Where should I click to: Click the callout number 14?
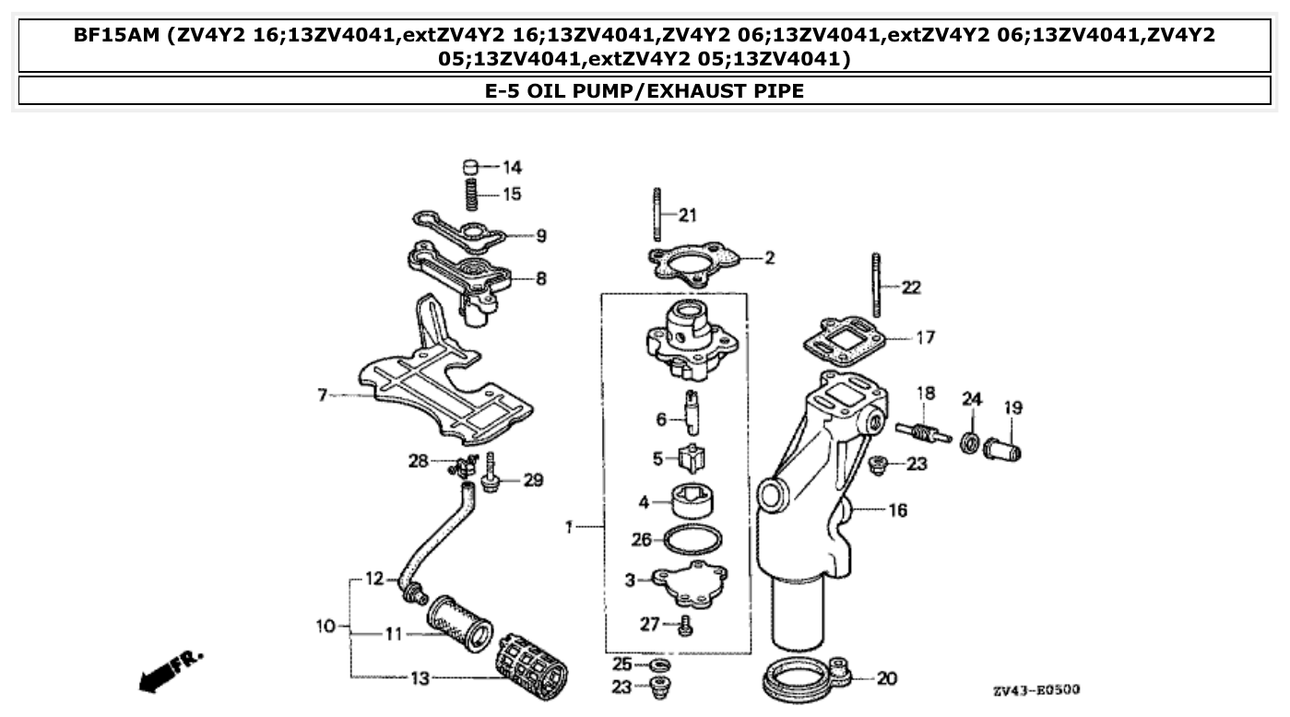[512, 167]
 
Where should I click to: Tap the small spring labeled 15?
[470, 194]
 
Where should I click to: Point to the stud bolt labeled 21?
[657, 215]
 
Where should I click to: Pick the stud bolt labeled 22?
[876, 285]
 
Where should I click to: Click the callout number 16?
[897, 510]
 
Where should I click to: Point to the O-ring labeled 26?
[693, 539]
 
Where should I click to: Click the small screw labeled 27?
[684, 626]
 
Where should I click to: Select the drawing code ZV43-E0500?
[1036, 690]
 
